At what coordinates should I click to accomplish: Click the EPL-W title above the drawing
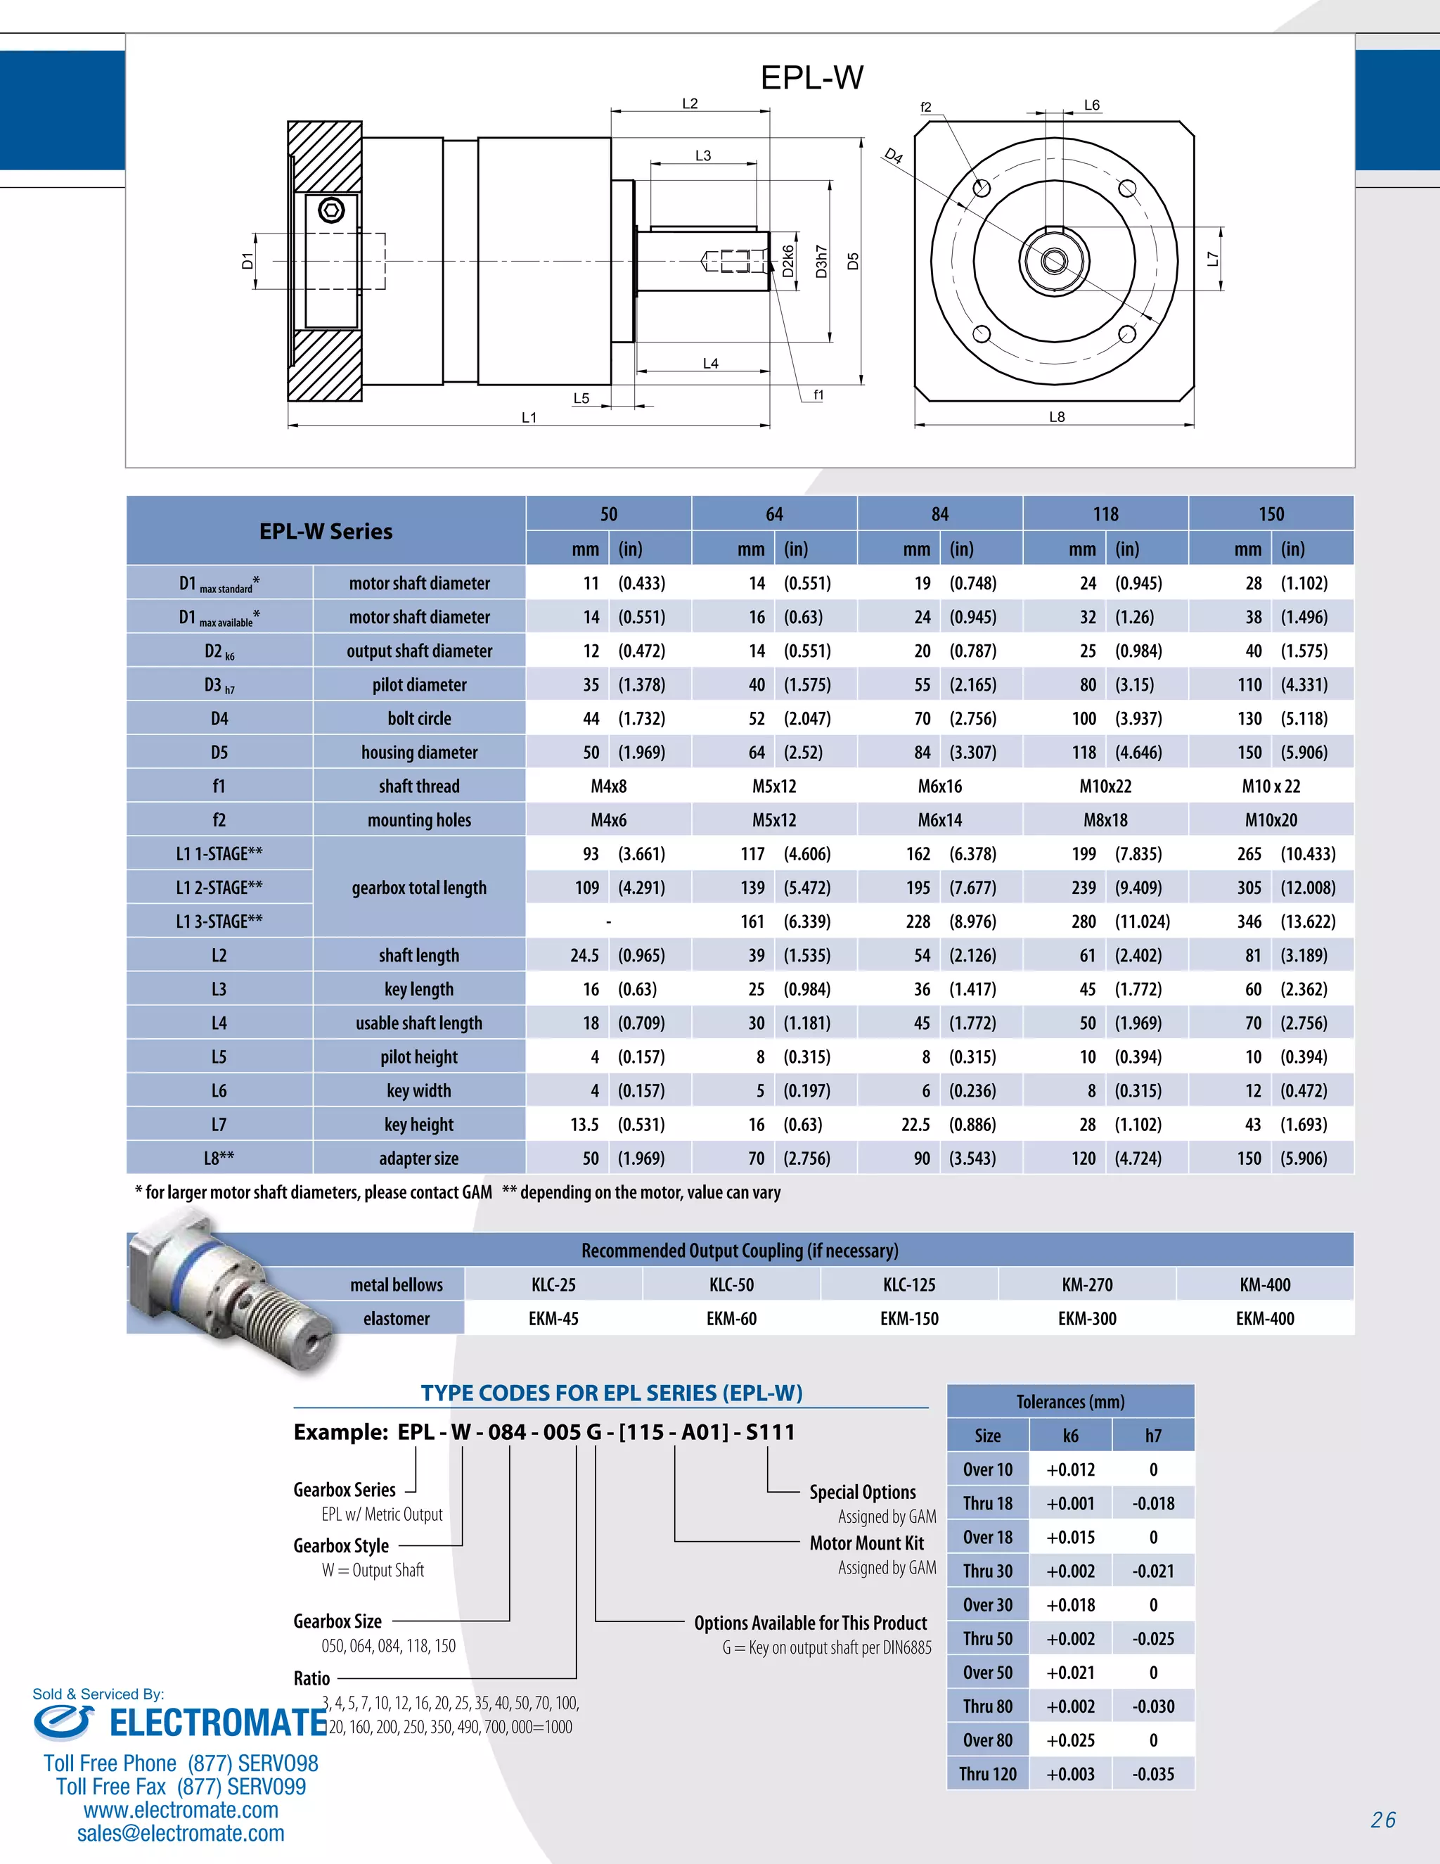[x=811, y=77]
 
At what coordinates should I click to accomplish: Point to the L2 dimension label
[x=689, y=103]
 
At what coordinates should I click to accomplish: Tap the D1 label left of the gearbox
[x=247, y=260]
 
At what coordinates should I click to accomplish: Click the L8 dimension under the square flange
[x=1056, y=416]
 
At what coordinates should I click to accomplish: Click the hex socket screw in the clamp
[x=331, y=210]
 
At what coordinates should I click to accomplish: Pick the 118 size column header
[x=1105, y=513]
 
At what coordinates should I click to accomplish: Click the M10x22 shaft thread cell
[x=1105, y=786]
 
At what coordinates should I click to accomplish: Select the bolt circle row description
[x=419, y=719]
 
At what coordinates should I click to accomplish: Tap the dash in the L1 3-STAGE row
[x=608, y=921]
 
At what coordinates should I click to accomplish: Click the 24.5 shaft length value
[x=584, y=955]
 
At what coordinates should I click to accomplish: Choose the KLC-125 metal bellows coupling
[x=908, y=1284]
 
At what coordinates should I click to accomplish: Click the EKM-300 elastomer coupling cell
[x=1087, y=1319]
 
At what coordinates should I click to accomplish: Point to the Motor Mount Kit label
[x=866, y=1543]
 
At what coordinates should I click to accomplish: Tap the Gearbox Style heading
[x=341, y=1545]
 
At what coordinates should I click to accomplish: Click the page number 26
[x=1383, y=1820]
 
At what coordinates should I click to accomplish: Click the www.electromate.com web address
[x=181, y=1811]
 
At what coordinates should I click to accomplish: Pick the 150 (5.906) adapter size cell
[x=1271, y=1158]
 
